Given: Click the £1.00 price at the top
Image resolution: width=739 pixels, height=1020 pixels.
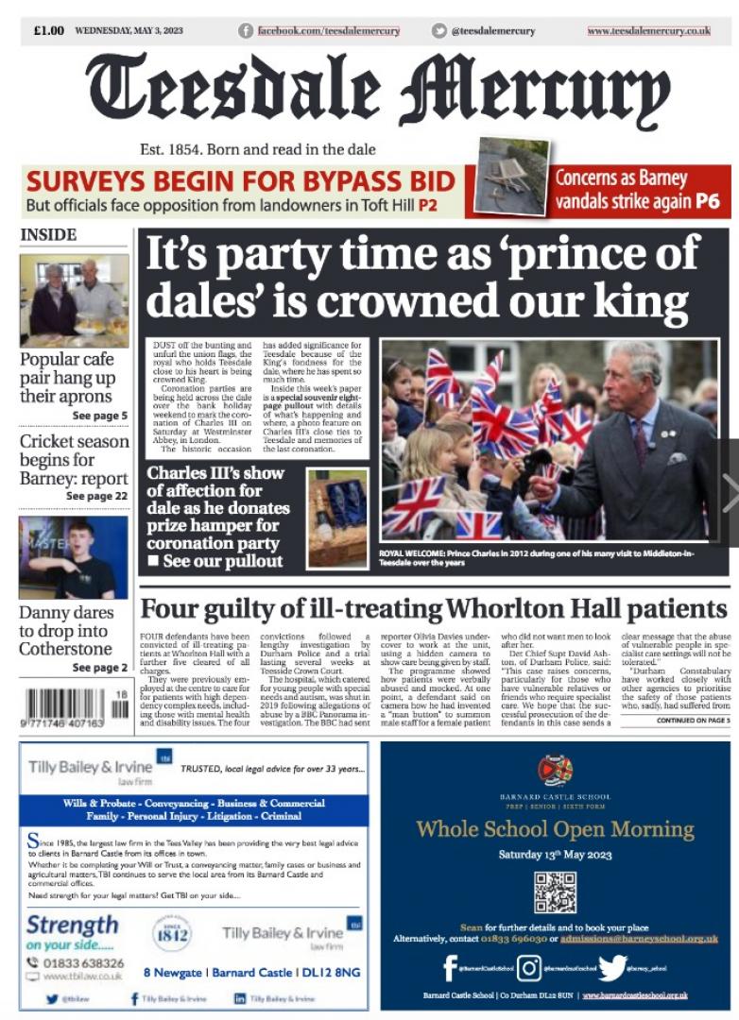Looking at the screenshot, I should click(x=48, y=30).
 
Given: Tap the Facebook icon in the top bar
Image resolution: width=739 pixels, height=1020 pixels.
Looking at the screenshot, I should click(x=247, y=31).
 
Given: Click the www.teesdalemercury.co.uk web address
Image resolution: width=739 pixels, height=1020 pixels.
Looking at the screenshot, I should click(x=648, y=31).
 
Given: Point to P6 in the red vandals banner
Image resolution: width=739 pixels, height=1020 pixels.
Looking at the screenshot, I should click(x=707, y=200).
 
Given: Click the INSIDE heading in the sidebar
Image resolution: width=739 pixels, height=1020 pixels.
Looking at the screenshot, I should click(x=48, y=234).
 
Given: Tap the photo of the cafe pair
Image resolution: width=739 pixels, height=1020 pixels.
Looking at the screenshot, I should click(x=74, y=300).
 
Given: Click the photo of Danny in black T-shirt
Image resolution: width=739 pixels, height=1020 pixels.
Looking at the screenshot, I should click(x=74, y=557).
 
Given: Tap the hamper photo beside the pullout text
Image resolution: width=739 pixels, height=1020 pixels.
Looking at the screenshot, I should click(x=337, y=518).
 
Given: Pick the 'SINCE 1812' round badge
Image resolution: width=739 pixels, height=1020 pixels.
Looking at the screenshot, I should click(x=172, y=933).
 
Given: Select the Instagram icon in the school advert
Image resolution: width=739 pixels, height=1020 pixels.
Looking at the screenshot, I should click(x=529, y=968).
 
